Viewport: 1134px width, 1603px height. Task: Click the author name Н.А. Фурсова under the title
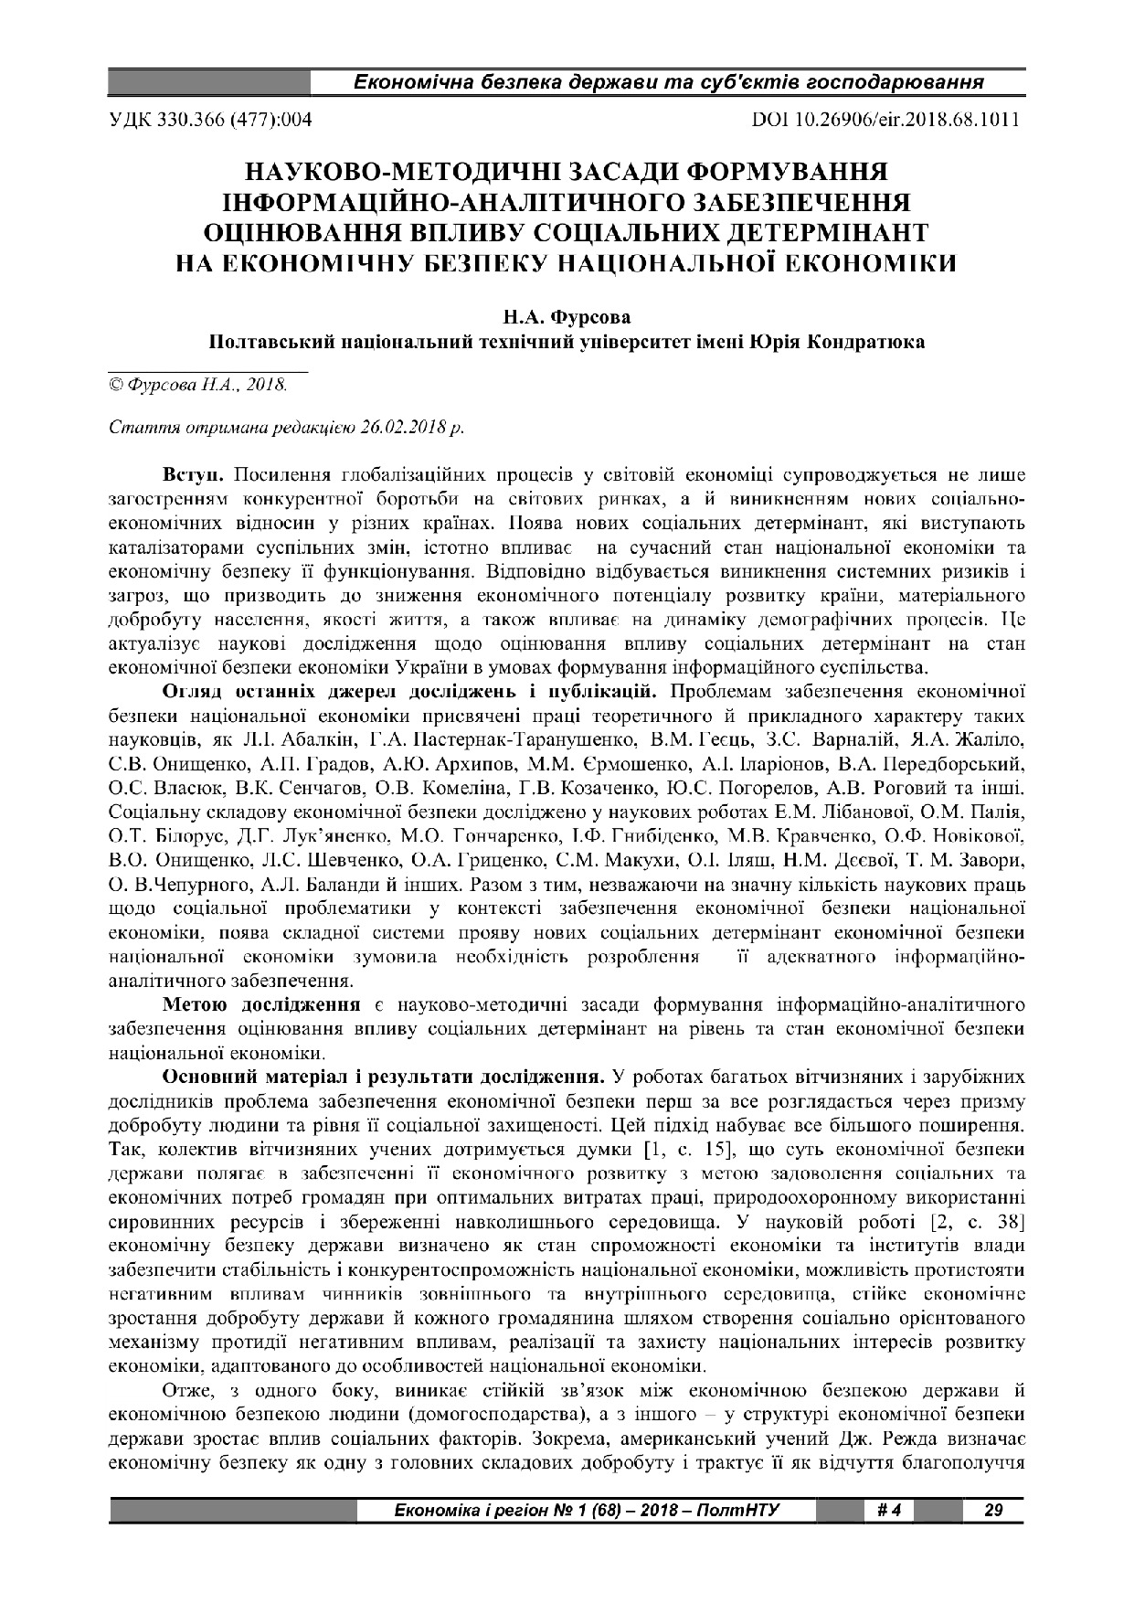pyautogui.click(x=567, y=318)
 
